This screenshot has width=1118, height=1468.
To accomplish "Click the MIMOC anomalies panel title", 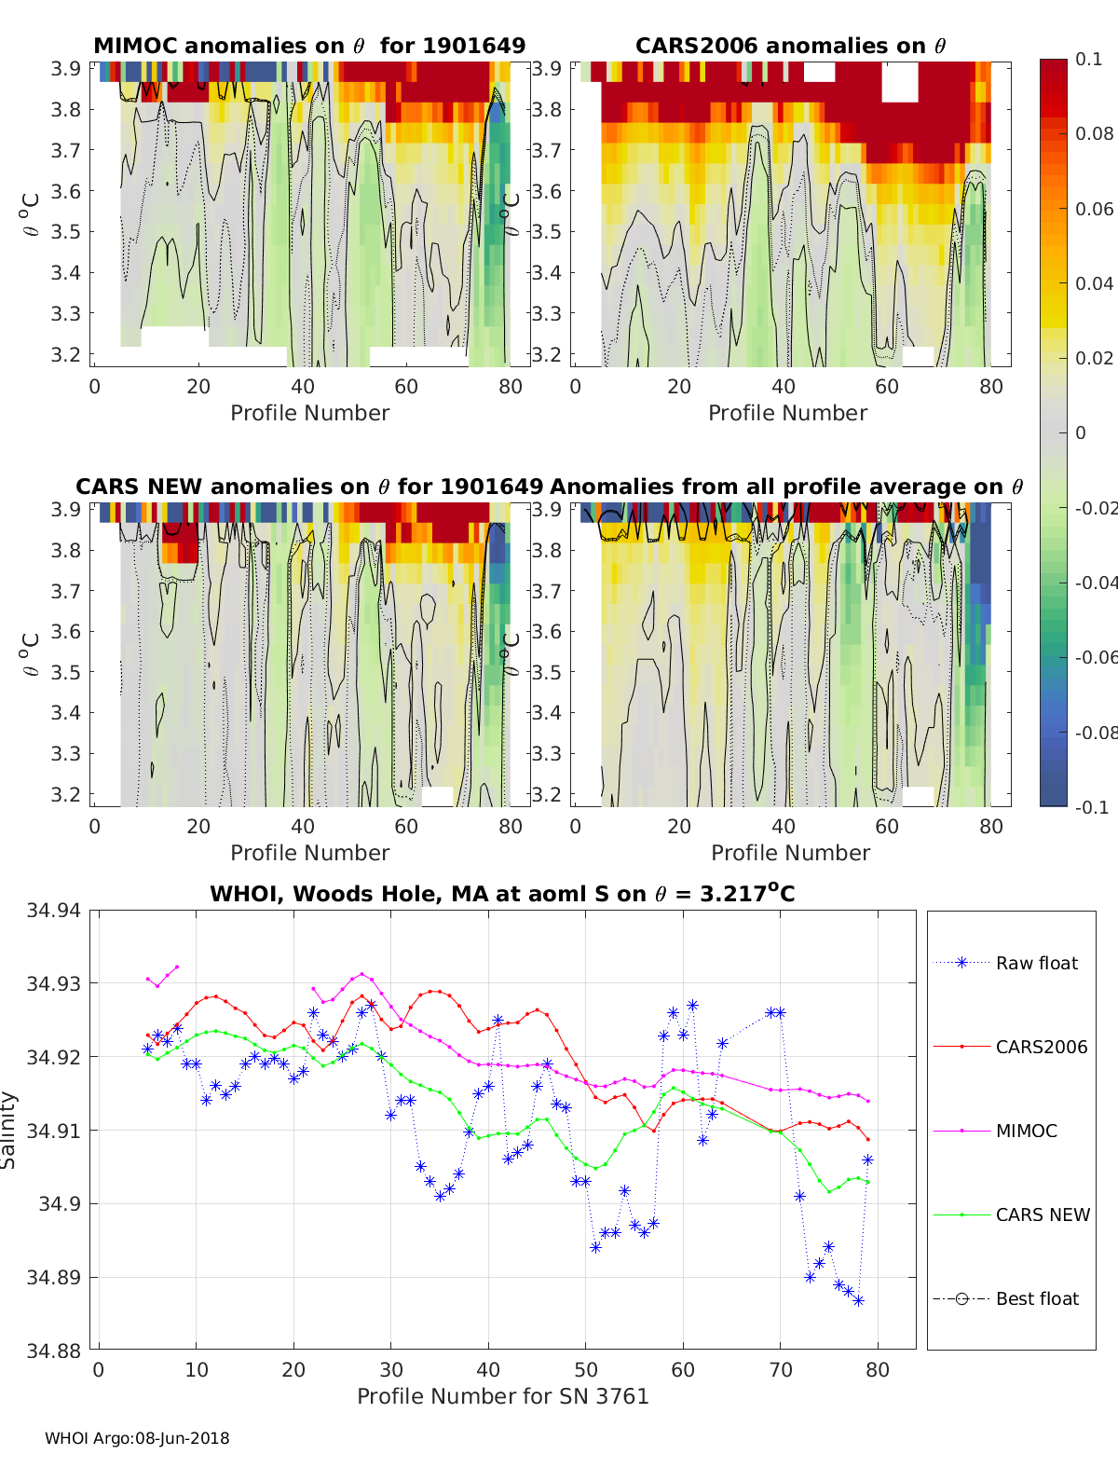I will point(309,46).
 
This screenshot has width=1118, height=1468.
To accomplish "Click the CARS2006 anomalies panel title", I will point(790,46).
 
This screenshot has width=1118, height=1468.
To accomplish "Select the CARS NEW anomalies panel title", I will point(309,487).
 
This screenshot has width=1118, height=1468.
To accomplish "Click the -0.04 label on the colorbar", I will point(1095,583).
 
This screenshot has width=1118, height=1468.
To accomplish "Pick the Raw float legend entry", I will point(1036,963).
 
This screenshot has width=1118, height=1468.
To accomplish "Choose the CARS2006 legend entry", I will point(1041,1047).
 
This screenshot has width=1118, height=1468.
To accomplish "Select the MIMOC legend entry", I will point(1026,1131).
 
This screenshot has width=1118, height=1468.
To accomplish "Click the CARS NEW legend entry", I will point(1042,1214).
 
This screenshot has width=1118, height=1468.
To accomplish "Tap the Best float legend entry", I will point(1037,1298).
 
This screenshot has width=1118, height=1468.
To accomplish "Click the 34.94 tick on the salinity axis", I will point(53,910).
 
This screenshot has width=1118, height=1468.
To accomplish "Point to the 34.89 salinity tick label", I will point(53,1277).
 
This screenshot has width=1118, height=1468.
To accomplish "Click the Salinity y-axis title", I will point(9,1130).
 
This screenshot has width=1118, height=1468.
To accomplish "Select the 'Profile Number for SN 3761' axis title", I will point(503,1396).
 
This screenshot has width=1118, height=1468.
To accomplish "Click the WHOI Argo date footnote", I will point(137,1438).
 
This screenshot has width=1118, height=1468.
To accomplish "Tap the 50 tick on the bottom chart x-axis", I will point(586,1369).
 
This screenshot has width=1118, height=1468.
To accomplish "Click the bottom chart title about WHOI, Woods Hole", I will point(503,894).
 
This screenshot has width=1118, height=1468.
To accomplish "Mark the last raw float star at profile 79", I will point(867,1159).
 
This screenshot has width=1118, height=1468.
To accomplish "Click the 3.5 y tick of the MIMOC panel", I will point(65,232).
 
